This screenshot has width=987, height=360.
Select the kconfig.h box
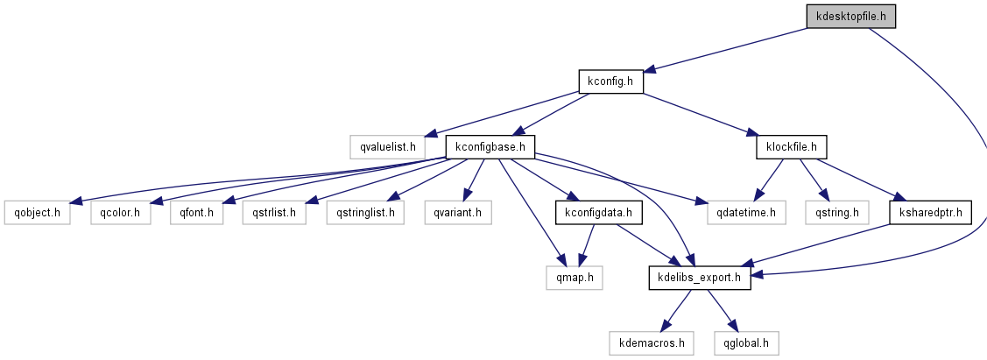pos(610,81)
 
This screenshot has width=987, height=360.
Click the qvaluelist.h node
pos(387,146)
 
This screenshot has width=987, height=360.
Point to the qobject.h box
pos(37,212)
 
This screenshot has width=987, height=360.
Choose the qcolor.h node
pos(120,212)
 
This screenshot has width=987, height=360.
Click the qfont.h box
pos(197,212)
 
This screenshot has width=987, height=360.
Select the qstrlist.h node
pos(275,212)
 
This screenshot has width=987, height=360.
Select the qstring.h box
pos(836,212)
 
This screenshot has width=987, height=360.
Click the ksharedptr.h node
pos(930,212)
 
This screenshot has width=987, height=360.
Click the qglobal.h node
pos(746,342)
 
